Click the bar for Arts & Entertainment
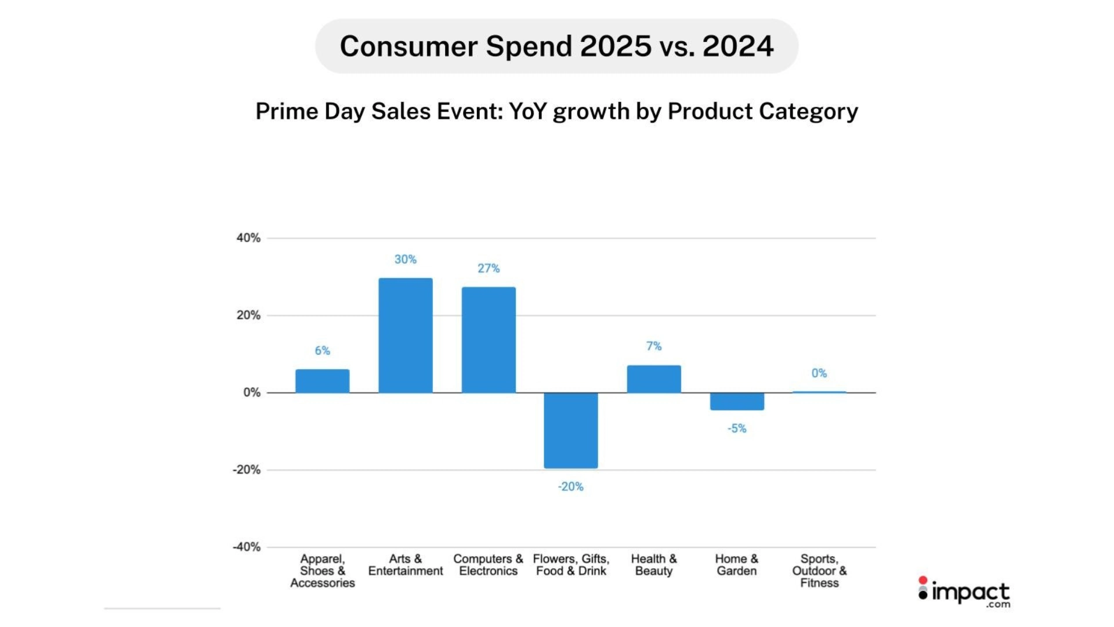point(406,336)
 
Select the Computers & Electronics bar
point(489,340)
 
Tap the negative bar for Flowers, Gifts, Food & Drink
point(571,430)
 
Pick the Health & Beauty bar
point(654,379)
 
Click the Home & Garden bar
point(737,401)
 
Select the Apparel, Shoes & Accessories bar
point(323,381)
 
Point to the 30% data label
point(406,260)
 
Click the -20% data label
point(571,487)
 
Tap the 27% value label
point(489,268)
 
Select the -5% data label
point(737,428)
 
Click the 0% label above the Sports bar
point(819,373)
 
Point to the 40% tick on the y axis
point(248,238)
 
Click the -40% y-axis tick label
point(247,547)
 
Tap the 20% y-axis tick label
point(248,315)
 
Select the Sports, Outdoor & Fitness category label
point(819,571)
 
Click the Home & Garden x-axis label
point(737,565)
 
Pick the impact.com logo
point(964,592)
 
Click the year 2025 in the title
point(616,46)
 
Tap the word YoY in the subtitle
point(528,111)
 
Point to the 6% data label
point(323,351)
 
